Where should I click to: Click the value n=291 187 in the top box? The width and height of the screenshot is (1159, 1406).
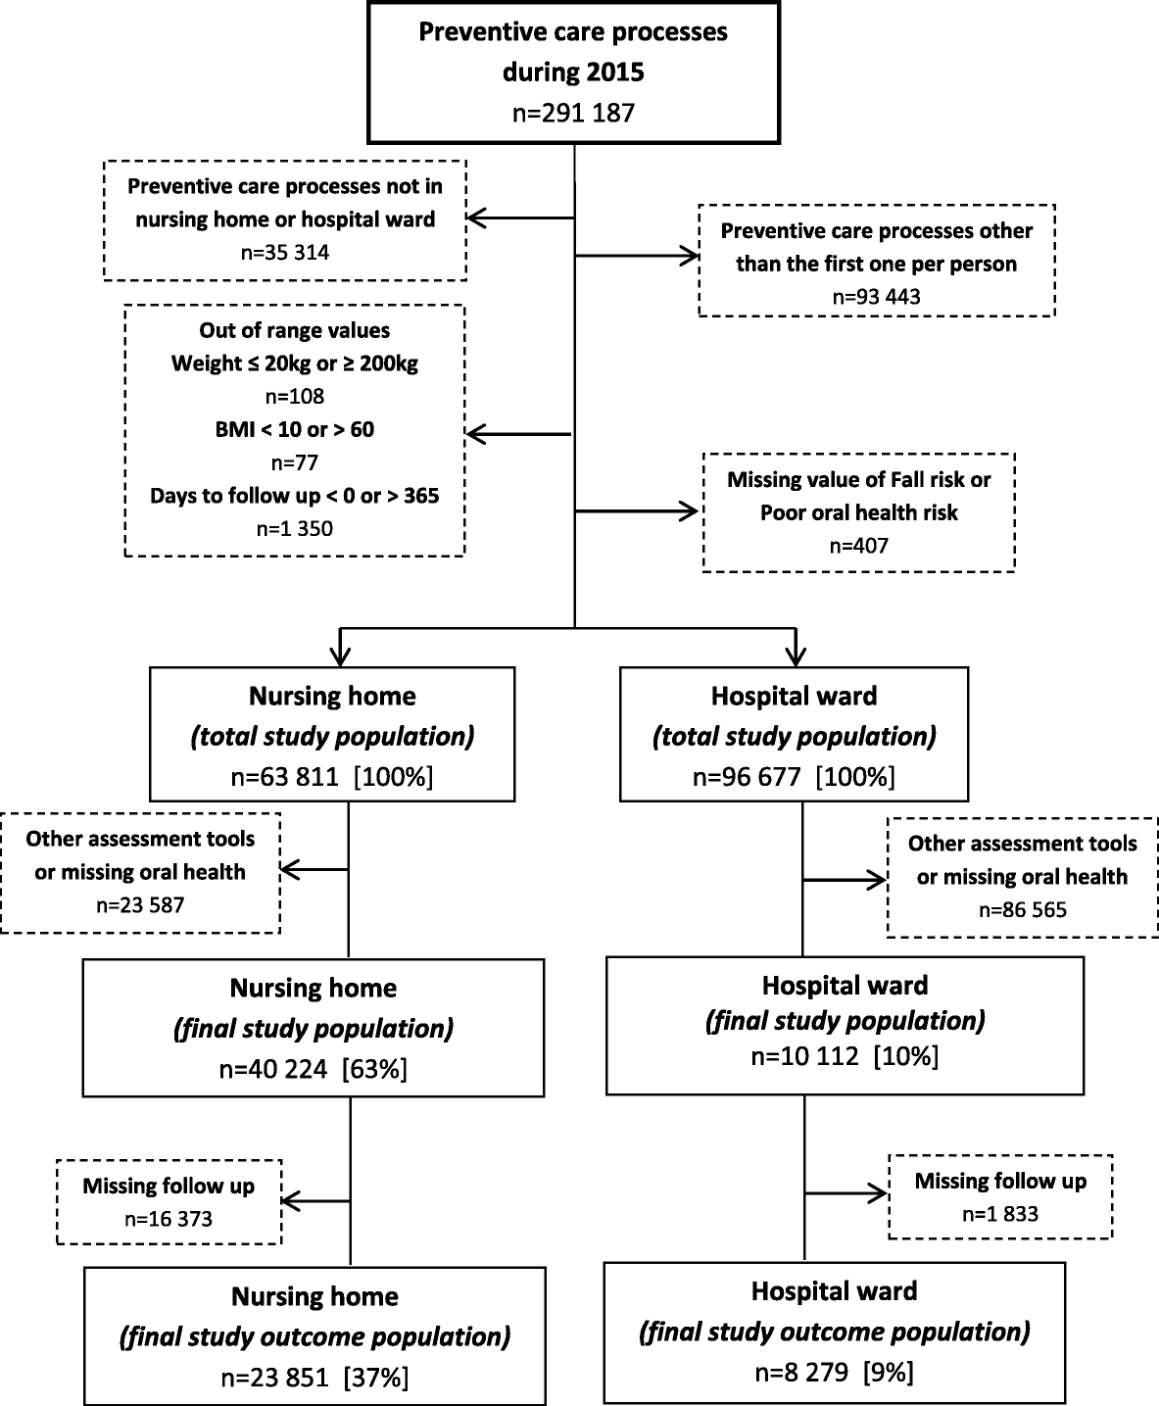tap(573, 113)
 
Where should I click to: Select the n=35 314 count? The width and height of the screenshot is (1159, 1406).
tap(285, 252)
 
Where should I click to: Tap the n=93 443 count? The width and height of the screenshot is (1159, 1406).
tap(876, 296)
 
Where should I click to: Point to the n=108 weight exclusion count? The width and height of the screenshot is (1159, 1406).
tap(294, 397)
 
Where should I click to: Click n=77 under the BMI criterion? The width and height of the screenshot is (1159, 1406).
tap(294, 462)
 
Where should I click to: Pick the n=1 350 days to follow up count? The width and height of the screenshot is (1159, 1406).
tap(294, 529)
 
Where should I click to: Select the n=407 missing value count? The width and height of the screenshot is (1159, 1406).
tap(858, 546)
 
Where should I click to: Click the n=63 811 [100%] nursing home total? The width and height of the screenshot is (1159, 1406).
tap(332, 777)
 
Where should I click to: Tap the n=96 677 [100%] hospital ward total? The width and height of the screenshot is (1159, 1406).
tap(794, 777)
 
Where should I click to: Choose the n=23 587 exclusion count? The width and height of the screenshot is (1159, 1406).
tap(140, 905)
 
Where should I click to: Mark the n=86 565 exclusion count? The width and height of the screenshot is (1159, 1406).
tap(1022, 910)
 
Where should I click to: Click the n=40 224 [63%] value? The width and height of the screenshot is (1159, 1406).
tap(313, 1069)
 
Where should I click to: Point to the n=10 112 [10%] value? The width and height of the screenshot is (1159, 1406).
tap(845, 1057)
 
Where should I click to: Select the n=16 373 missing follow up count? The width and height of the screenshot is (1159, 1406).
tap(169, 1219)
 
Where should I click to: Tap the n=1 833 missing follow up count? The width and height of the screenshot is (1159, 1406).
tap(1000, 1214)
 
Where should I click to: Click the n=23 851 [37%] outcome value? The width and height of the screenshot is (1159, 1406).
tap(314, 1377)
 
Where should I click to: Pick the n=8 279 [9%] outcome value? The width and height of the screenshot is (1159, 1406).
tap(834, 1373)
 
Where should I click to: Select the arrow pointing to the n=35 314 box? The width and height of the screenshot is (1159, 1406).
tap(519, 218)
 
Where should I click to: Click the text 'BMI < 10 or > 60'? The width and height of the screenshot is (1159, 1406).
tap(294, 429)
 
